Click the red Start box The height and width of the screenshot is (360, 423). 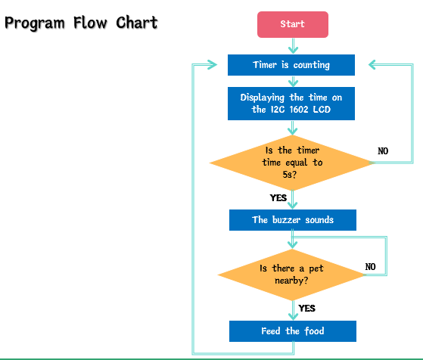pos(293,24)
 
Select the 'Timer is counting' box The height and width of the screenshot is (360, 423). pos(291,65)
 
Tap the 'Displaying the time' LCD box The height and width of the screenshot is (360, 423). pos(291,104)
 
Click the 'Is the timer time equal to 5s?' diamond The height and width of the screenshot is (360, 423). pos(292,163)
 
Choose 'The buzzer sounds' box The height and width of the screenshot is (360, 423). pos(293,220)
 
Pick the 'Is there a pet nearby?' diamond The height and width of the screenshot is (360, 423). pos(292,275)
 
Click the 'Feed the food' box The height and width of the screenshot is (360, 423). pos(293,331)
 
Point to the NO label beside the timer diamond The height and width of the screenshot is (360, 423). pos(383,151)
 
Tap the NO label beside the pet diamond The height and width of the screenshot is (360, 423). pos(370,267)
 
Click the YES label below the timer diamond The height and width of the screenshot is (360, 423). pos(278,198)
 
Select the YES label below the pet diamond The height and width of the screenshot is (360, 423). pos(306,309)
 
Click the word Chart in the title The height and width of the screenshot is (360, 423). pos(137,23)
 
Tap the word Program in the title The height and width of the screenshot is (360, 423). pos(35,23)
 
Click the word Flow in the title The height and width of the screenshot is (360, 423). pos(90,23)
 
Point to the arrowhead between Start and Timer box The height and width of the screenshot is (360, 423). pos(293,50)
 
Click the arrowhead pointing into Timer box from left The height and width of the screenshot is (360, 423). pos(213,65)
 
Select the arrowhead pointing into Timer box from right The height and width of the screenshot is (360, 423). pos(372,65)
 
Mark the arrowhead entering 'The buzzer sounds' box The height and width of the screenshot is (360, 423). pos(292,205)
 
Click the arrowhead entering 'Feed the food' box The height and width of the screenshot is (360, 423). pos(293,316)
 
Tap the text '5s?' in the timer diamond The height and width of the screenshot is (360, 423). pos(290,175)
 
